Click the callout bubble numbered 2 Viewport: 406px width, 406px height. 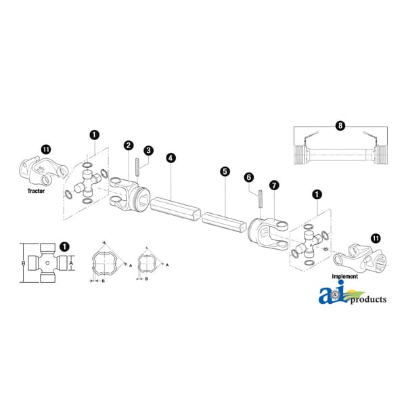129,145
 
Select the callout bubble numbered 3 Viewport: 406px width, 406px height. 148,151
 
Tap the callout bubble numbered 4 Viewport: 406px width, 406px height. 171,158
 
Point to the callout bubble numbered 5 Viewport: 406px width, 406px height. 225,171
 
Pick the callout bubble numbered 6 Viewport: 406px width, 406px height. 249,177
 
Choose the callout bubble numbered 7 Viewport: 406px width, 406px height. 274,185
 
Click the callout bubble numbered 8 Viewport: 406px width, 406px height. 340,126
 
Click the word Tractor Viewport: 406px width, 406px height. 36,191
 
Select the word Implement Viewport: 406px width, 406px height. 345,276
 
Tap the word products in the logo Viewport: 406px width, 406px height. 369,300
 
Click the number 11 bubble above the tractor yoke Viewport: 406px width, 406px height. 46,150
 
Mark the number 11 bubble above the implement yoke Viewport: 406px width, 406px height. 376,238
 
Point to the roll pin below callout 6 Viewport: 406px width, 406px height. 261,198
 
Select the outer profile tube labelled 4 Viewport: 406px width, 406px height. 175,208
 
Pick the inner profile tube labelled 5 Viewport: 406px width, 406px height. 224,222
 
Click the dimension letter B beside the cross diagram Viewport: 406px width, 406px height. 23,263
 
